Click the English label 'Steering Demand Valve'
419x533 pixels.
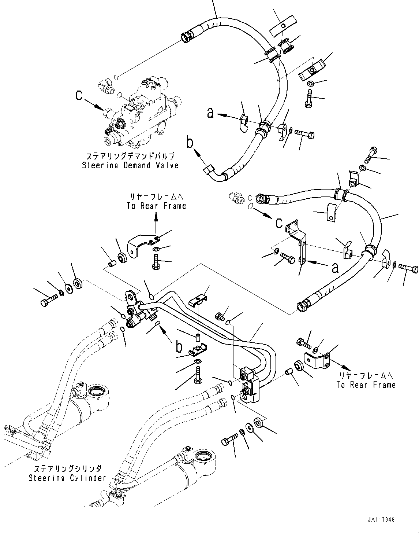click(x=130, y=165)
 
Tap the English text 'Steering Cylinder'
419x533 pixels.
click(x=68, y=478)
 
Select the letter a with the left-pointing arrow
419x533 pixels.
click(x=210, y=113)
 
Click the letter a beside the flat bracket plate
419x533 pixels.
click(x=334, y=269)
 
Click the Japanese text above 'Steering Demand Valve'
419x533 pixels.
click(x=130, y=155)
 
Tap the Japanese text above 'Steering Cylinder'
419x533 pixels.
click(x=68, y=469)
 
